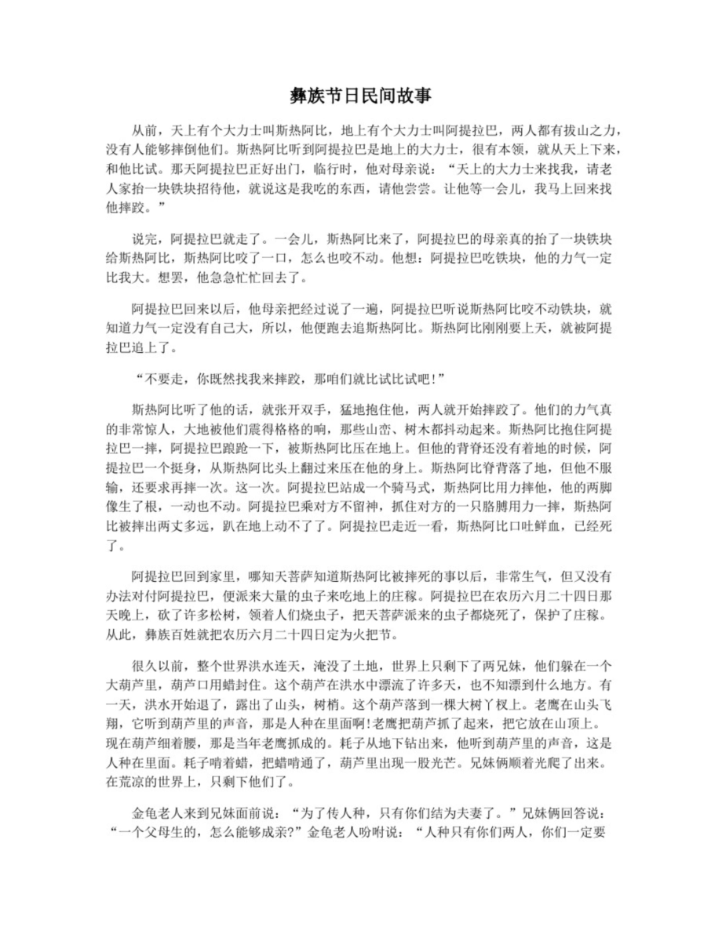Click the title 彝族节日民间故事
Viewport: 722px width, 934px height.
360,96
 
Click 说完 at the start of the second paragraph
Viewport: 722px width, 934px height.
143,236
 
